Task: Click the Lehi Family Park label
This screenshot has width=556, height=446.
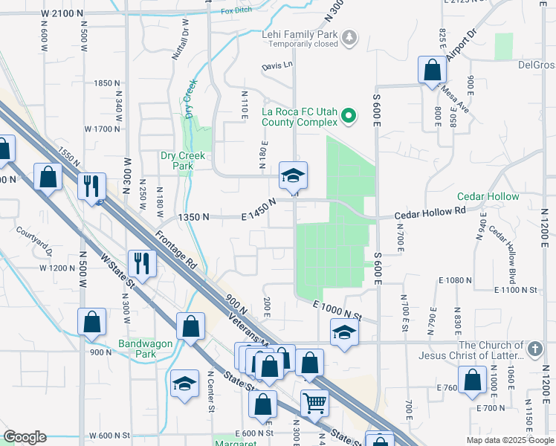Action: coord(299,34)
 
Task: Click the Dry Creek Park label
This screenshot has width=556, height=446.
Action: coord(183,161)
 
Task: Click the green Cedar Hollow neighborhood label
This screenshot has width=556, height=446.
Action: coord(488,196)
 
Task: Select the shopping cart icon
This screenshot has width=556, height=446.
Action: coord(314,403)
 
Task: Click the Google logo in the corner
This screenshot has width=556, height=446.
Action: coord(25,437)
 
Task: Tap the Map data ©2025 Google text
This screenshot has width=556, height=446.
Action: coord(509,440)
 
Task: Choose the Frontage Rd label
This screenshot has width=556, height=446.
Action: coord(176,253)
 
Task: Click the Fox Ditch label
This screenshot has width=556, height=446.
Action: coord(237,11)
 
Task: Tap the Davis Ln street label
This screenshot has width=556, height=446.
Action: coord(277,66)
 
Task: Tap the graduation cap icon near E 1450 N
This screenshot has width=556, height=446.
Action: coord(293,175)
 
